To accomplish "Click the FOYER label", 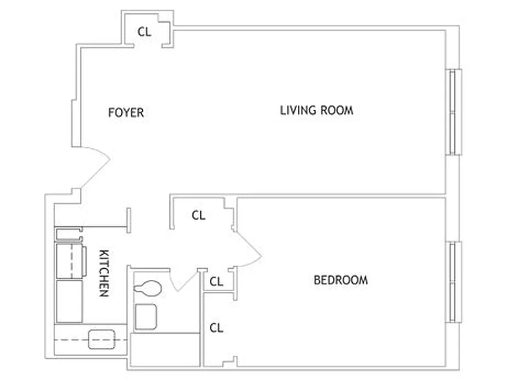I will click(x=126, y=113).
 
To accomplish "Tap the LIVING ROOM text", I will click(x=316, y=111).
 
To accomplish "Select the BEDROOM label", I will click(x=341, y=280).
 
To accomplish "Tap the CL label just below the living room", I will click(x=198, y=215).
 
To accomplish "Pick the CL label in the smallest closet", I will click(x=216, y=282).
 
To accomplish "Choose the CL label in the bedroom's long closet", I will click(x=216, y=328).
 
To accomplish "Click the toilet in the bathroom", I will click(x=148, y=288).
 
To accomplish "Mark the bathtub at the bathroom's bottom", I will click(x=164, y=350).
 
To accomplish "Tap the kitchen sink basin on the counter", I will click(x=102, y=339).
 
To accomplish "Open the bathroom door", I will click(x=183, y=280).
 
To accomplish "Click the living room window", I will click(x=455, y=112).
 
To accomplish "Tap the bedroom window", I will click(x=455, y=283).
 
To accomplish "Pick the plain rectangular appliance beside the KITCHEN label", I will click(x=69, y=301).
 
